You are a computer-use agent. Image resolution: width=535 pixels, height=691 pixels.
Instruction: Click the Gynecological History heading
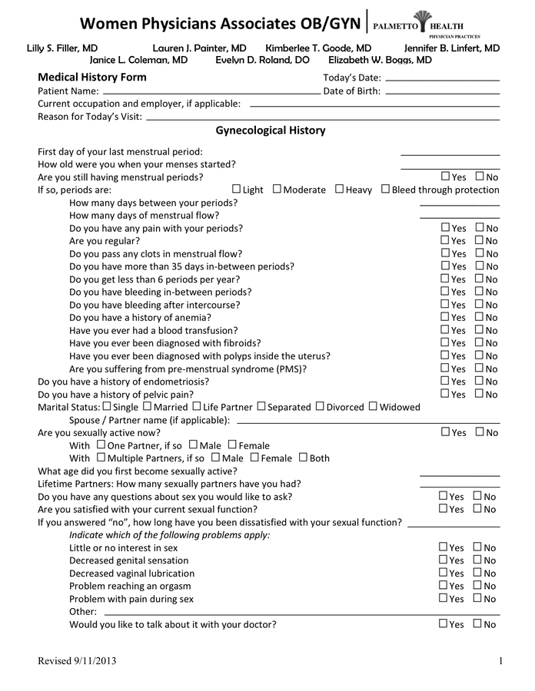click(270, 131)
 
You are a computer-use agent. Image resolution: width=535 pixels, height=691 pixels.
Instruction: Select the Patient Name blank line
click(211, 92)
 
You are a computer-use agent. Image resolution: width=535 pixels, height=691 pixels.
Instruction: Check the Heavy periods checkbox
click(339, 189)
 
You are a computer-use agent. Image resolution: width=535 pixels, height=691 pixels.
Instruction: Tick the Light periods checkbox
click(236, 189)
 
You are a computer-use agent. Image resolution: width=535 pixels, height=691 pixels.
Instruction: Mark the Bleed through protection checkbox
click(385, 189)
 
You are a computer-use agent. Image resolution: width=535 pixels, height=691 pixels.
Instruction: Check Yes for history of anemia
click(445, 316)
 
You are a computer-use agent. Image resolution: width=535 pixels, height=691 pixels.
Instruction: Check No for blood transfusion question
click(480, 329)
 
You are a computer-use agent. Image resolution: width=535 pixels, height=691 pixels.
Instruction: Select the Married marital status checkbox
click(148, 406)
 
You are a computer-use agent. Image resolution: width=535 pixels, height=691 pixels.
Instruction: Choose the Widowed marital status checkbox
click(373, 406)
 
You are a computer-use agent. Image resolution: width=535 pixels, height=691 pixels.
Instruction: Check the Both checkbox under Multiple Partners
click(303, 458)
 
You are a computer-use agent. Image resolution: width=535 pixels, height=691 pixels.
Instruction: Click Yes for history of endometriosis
click(445, 381)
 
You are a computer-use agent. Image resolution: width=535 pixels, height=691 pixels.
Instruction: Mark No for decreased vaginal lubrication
click(477, 573)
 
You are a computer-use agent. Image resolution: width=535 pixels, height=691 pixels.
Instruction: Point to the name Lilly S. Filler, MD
click(62, 48)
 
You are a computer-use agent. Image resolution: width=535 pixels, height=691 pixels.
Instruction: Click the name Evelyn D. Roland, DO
click(262, 60)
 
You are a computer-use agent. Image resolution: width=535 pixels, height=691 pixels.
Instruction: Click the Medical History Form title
click(92, 78)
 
